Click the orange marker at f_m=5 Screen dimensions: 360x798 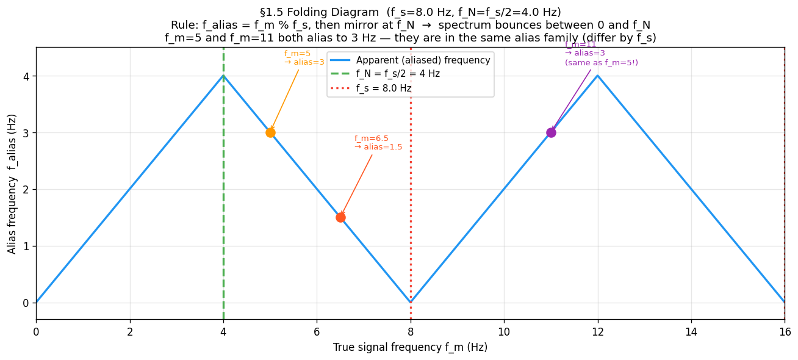point(270,132)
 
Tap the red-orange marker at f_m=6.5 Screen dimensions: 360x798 point(340,217)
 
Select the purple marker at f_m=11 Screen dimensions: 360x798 point(551,132)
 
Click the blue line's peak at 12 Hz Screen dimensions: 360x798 point(597,76)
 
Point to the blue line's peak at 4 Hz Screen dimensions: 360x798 point(223,76)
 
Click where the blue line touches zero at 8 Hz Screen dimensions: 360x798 point(411,302)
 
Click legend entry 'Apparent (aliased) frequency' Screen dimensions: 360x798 point(423,60)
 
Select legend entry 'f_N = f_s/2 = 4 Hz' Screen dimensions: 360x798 point(398,74)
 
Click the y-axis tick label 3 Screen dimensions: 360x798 point(26,133)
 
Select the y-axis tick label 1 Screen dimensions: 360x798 point(26,247)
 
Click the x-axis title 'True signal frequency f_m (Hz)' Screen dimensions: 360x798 point(410,348)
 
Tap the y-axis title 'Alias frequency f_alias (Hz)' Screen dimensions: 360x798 point(12,183)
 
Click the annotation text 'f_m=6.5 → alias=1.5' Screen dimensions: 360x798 point(378,143)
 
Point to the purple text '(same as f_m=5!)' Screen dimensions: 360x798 point(601,63)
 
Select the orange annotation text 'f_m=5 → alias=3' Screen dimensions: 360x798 point(304,58)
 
